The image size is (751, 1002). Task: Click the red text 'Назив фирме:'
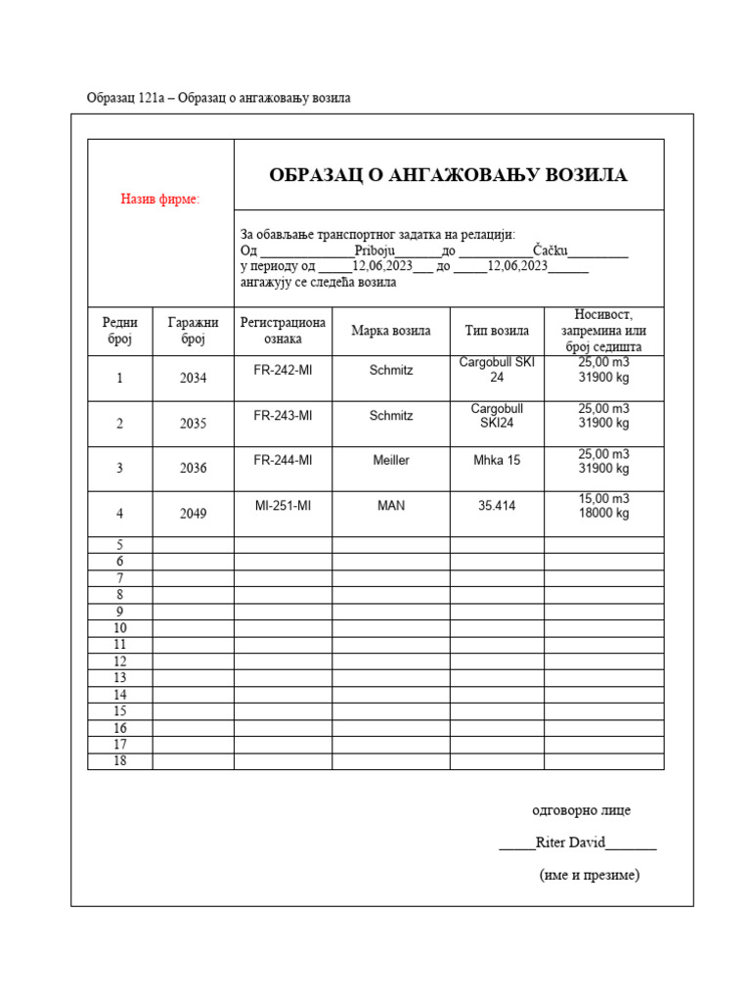click(x=160, y=200)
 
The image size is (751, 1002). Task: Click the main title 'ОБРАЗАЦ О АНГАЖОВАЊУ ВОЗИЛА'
click(x=449, y=175)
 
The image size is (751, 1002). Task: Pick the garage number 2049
click(x=194, y=513)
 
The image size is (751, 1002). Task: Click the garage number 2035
click(x=194, y=424)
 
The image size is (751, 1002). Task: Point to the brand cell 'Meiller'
click(x=391, y=460)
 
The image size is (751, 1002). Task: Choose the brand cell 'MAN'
click(x=391, y=506)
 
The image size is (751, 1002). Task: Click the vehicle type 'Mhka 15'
click(x=497, y=460)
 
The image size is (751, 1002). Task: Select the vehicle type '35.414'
click(x=497, y=506)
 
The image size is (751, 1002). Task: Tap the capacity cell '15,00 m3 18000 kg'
click(x=603, y=506)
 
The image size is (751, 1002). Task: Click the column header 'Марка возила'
click(x=391, y=331)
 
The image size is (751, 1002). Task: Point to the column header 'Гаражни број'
click(x=194, y=331)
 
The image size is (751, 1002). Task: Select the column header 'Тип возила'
click(x=497, y=331)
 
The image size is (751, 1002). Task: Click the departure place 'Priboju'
click(x=375, y=250)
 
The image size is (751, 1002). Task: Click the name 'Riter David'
click(x=571, y=843)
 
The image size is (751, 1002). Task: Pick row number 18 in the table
click(x=120, y=761)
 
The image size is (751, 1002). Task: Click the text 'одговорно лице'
click(x=581, y=810)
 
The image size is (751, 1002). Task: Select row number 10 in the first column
click(x=120, y=628)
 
